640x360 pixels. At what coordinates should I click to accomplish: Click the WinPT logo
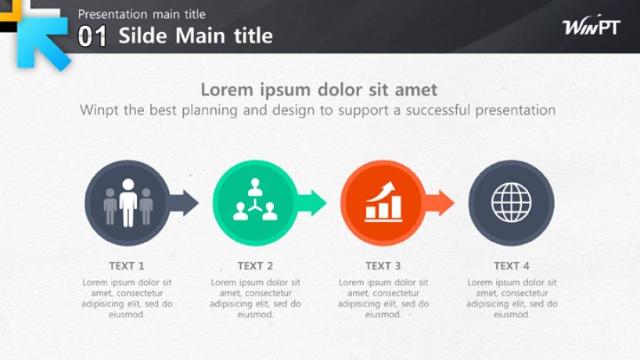coord(591,26)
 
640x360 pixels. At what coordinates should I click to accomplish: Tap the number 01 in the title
coord(92,36)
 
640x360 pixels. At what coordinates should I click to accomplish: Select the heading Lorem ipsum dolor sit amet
coord(318,90)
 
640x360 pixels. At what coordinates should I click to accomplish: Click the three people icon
coord(128,203)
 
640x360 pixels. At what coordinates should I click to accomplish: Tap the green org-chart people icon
coord(255,200)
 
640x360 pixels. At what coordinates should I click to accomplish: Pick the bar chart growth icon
coord(383,202)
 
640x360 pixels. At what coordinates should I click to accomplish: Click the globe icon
coord(511,203)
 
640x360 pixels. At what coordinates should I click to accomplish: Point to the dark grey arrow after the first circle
coord(184,203)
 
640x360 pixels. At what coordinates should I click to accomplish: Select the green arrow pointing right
coord(312,203)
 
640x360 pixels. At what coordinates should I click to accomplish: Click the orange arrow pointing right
coord(440,203)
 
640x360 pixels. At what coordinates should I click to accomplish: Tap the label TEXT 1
coord(127,266)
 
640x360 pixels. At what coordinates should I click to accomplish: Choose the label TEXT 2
coord(255,266)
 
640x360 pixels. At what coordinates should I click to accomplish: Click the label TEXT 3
coord(383,266)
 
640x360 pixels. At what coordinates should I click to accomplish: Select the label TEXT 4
coord(512,266)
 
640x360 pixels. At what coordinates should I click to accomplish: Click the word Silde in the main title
coord(143,35)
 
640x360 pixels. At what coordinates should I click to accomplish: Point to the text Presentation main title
coord(142,14)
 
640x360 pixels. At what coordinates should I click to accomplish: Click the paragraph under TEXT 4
coord(512,298)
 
